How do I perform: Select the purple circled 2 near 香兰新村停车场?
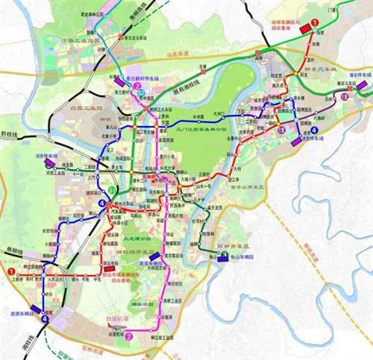pos(138,86)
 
